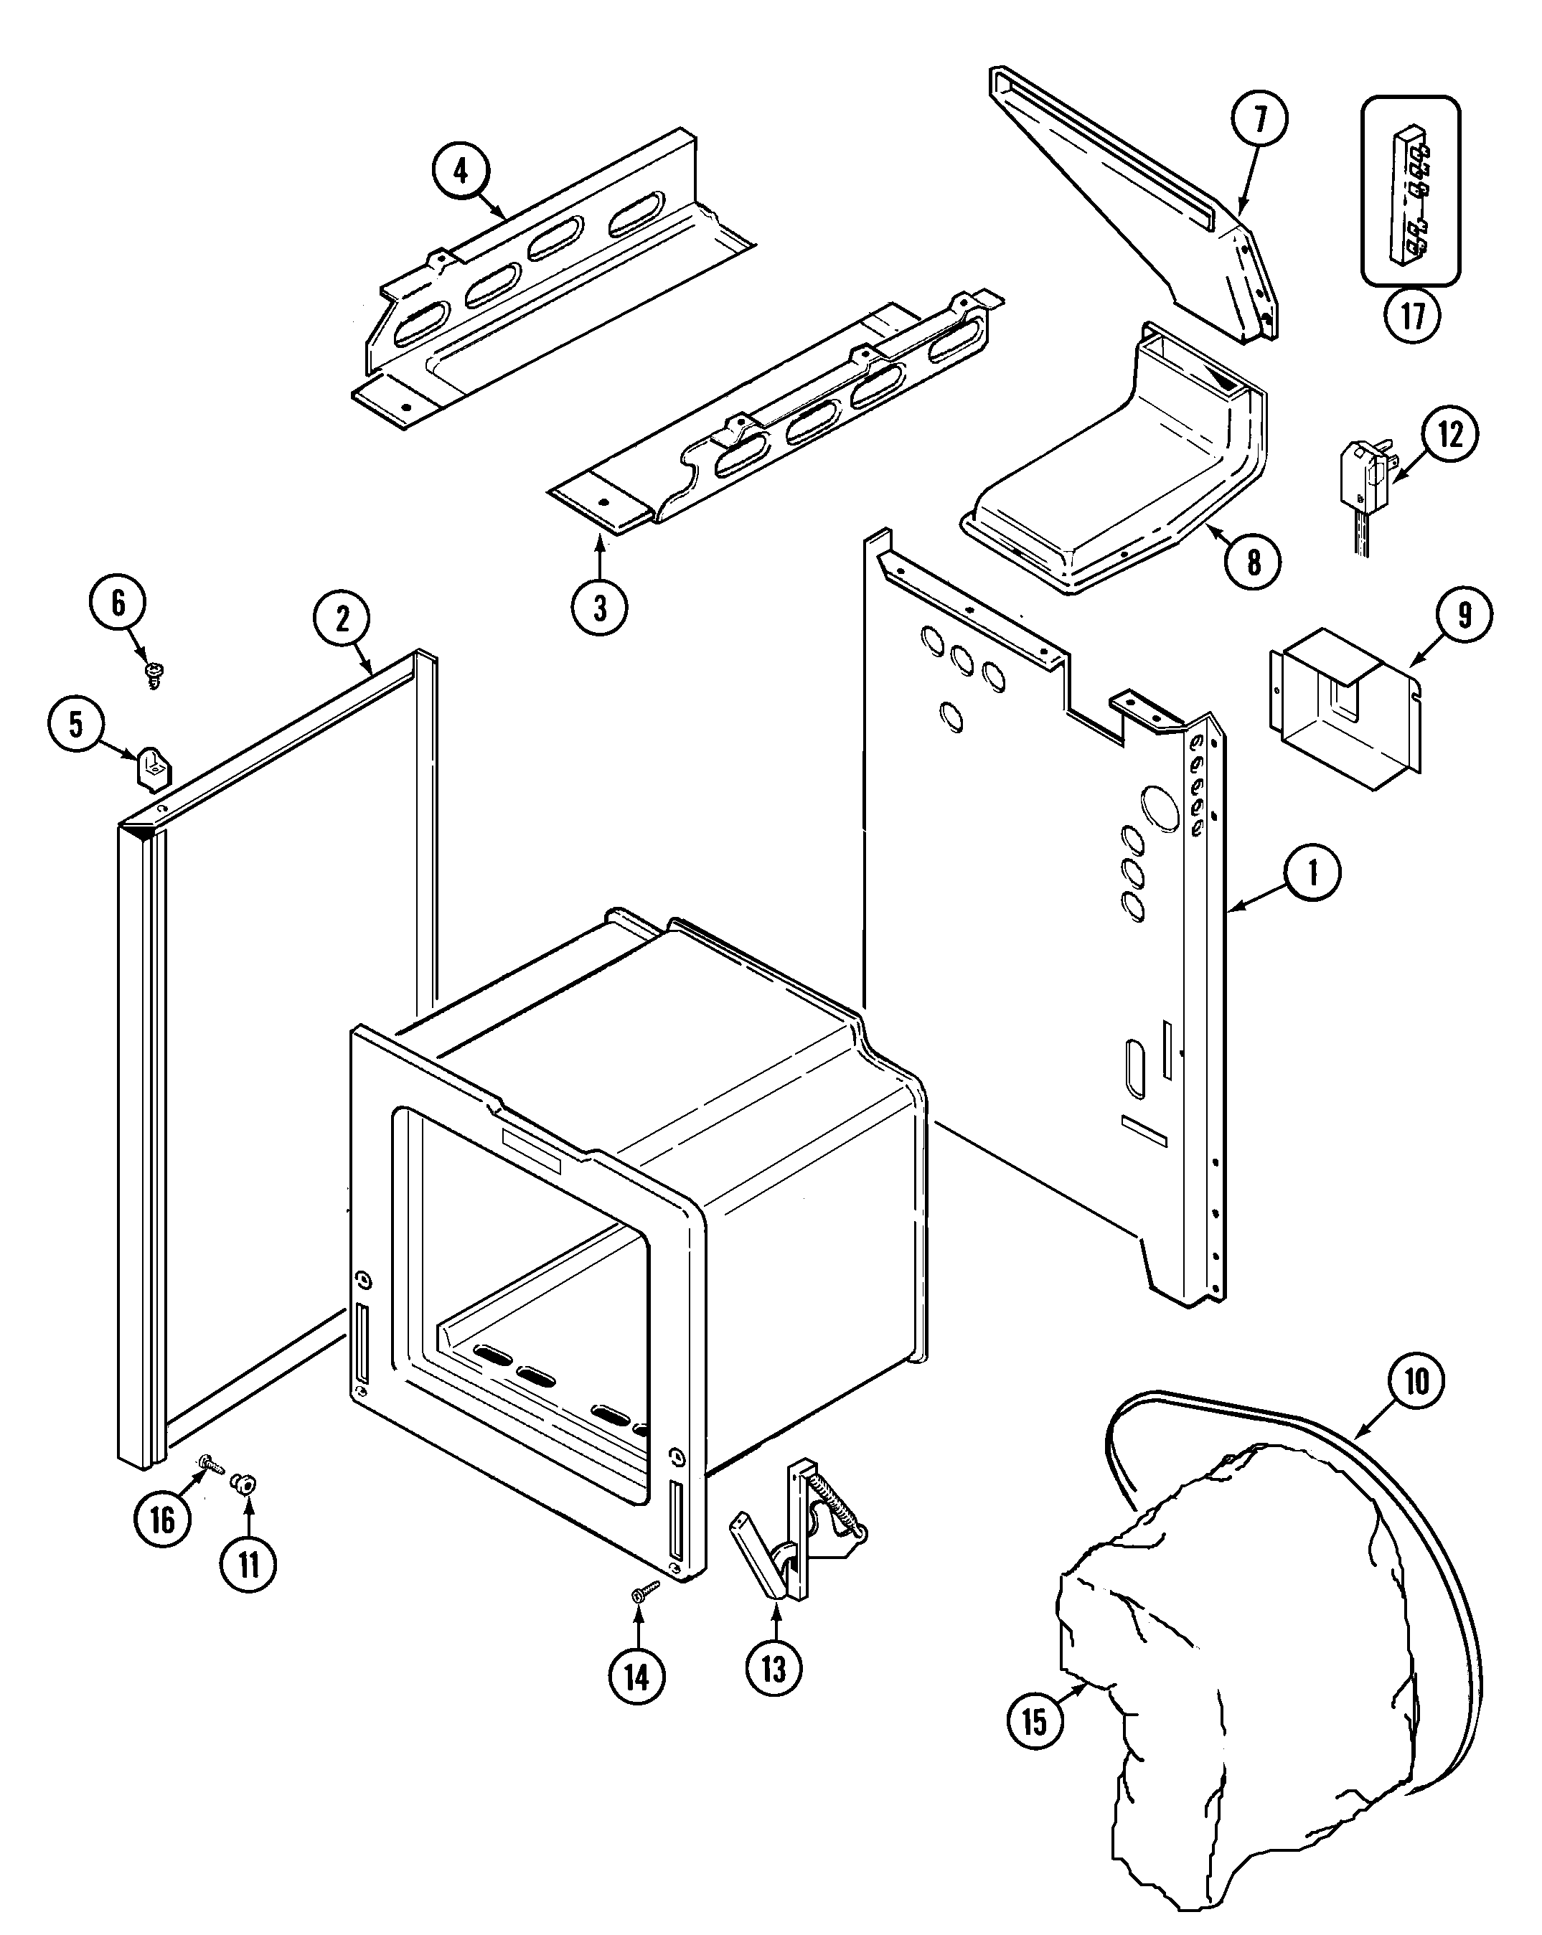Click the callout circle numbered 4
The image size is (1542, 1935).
pos(461,171)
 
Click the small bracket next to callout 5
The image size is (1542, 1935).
pos(154,768)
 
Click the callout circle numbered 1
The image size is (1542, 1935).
pos(1312,872)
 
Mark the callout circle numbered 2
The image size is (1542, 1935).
pos(342,619)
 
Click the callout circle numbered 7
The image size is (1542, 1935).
pos(1259,118)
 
